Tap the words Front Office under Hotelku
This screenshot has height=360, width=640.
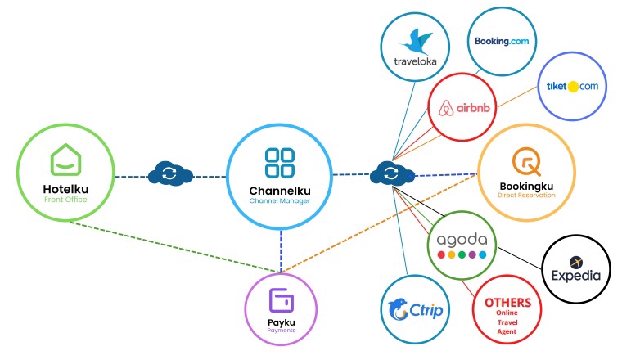(65, 199)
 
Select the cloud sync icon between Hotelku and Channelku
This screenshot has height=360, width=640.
(169, 174)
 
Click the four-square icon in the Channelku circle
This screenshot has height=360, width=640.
(280, 163)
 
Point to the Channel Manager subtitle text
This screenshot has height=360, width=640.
(280, 200)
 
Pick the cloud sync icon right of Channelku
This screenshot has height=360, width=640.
(390, 173)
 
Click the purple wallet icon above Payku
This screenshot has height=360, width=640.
(281, 299)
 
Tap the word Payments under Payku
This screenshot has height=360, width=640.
(281, 331)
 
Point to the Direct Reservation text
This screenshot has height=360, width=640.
(526, 196)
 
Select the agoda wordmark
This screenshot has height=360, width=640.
(462, 241)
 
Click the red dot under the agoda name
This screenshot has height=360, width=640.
(441, 255)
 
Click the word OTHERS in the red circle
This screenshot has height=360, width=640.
(507, 303)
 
